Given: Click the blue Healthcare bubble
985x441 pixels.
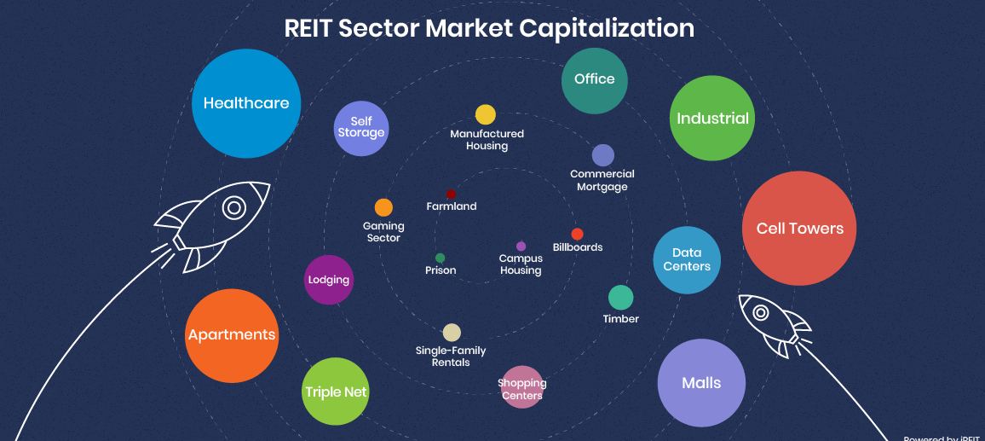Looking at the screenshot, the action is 246,103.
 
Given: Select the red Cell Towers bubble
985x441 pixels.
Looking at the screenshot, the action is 799,229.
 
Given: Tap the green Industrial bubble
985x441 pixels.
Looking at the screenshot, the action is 712,119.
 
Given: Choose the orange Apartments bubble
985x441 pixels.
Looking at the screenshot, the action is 232,335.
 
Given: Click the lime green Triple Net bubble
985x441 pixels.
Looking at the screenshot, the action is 336,392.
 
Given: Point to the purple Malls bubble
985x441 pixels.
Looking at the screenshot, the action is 701,383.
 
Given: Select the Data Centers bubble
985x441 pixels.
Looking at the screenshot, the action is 687,260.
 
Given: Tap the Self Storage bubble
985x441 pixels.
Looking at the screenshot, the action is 361,128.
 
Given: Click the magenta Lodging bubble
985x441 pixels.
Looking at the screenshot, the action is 329,280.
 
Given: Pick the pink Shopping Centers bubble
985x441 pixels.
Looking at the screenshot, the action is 522,387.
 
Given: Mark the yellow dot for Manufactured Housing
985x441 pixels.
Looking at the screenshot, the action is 485,114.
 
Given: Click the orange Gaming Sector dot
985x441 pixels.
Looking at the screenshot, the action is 383,207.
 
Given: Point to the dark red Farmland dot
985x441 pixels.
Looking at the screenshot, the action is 451,194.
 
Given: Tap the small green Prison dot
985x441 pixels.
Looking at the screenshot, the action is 440,258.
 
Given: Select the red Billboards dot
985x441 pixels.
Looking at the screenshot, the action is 577,234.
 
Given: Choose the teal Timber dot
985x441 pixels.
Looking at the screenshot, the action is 620,298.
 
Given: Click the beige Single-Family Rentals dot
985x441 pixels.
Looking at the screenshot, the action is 452,333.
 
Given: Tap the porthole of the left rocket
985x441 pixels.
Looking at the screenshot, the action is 233,207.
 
